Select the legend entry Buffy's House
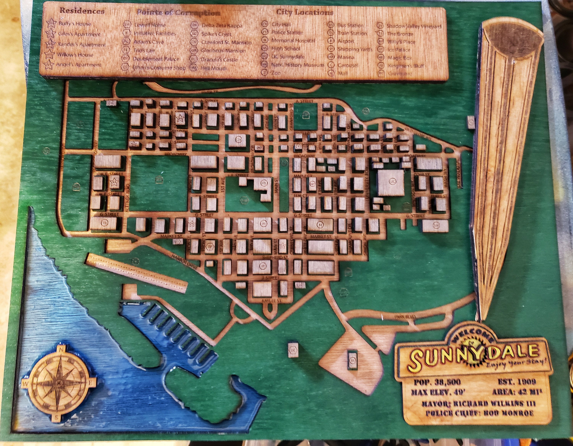click(74, 24)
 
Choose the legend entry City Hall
click(281, 24)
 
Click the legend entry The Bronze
click(400, 34)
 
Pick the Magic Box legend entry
click(400, 58)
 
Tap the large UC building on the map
click(391, 182)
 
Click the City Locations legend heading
click(305, 12)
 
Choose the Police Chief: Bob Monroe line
click(479, 413)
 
